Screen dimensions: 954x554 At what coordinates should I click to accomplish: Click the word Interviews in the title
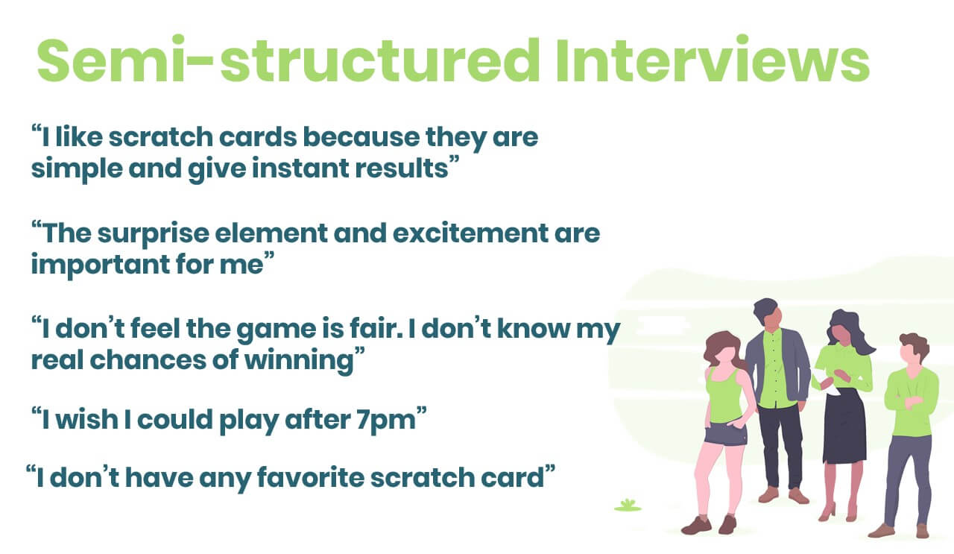click(x=712, y=60)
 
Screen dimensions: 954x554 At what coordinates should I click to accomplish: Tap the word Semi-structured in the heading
click(x=288, y=60)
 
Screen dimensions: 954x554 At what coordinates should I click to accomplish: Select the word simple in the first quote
click(x=77, y=169)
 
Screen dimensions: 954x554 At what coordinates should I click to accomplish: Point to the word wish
click(x=86, y=419)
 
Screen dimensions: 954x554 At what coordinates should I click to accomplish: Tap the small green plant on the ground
click(x=628, y=506)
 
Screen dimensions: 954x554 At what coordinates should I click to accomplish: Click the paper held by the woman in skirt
click(x=825, y=382)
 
